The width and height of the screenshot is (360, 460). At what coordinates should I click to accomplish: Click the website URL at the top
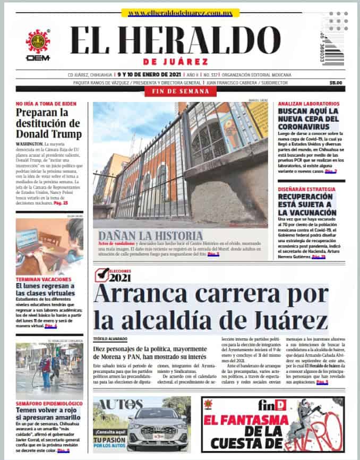tap(179, 13)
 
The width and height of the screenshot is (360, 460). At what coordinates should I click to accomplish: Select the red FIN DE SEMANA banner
tap(179, 92)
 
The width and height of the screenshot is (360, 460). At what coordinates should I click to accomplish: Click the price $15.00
tap(336, 82)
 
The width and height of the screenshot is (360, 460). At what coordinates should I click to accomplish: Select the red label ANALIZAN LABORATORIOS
tap(308, 104)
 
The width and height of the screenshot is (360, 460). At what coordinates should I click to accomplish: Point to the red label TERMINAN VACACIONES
tap(43, 279)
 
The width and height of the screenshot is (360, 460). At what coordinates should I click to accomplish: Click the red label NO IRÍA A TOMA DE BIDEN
tap(46, 104)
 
